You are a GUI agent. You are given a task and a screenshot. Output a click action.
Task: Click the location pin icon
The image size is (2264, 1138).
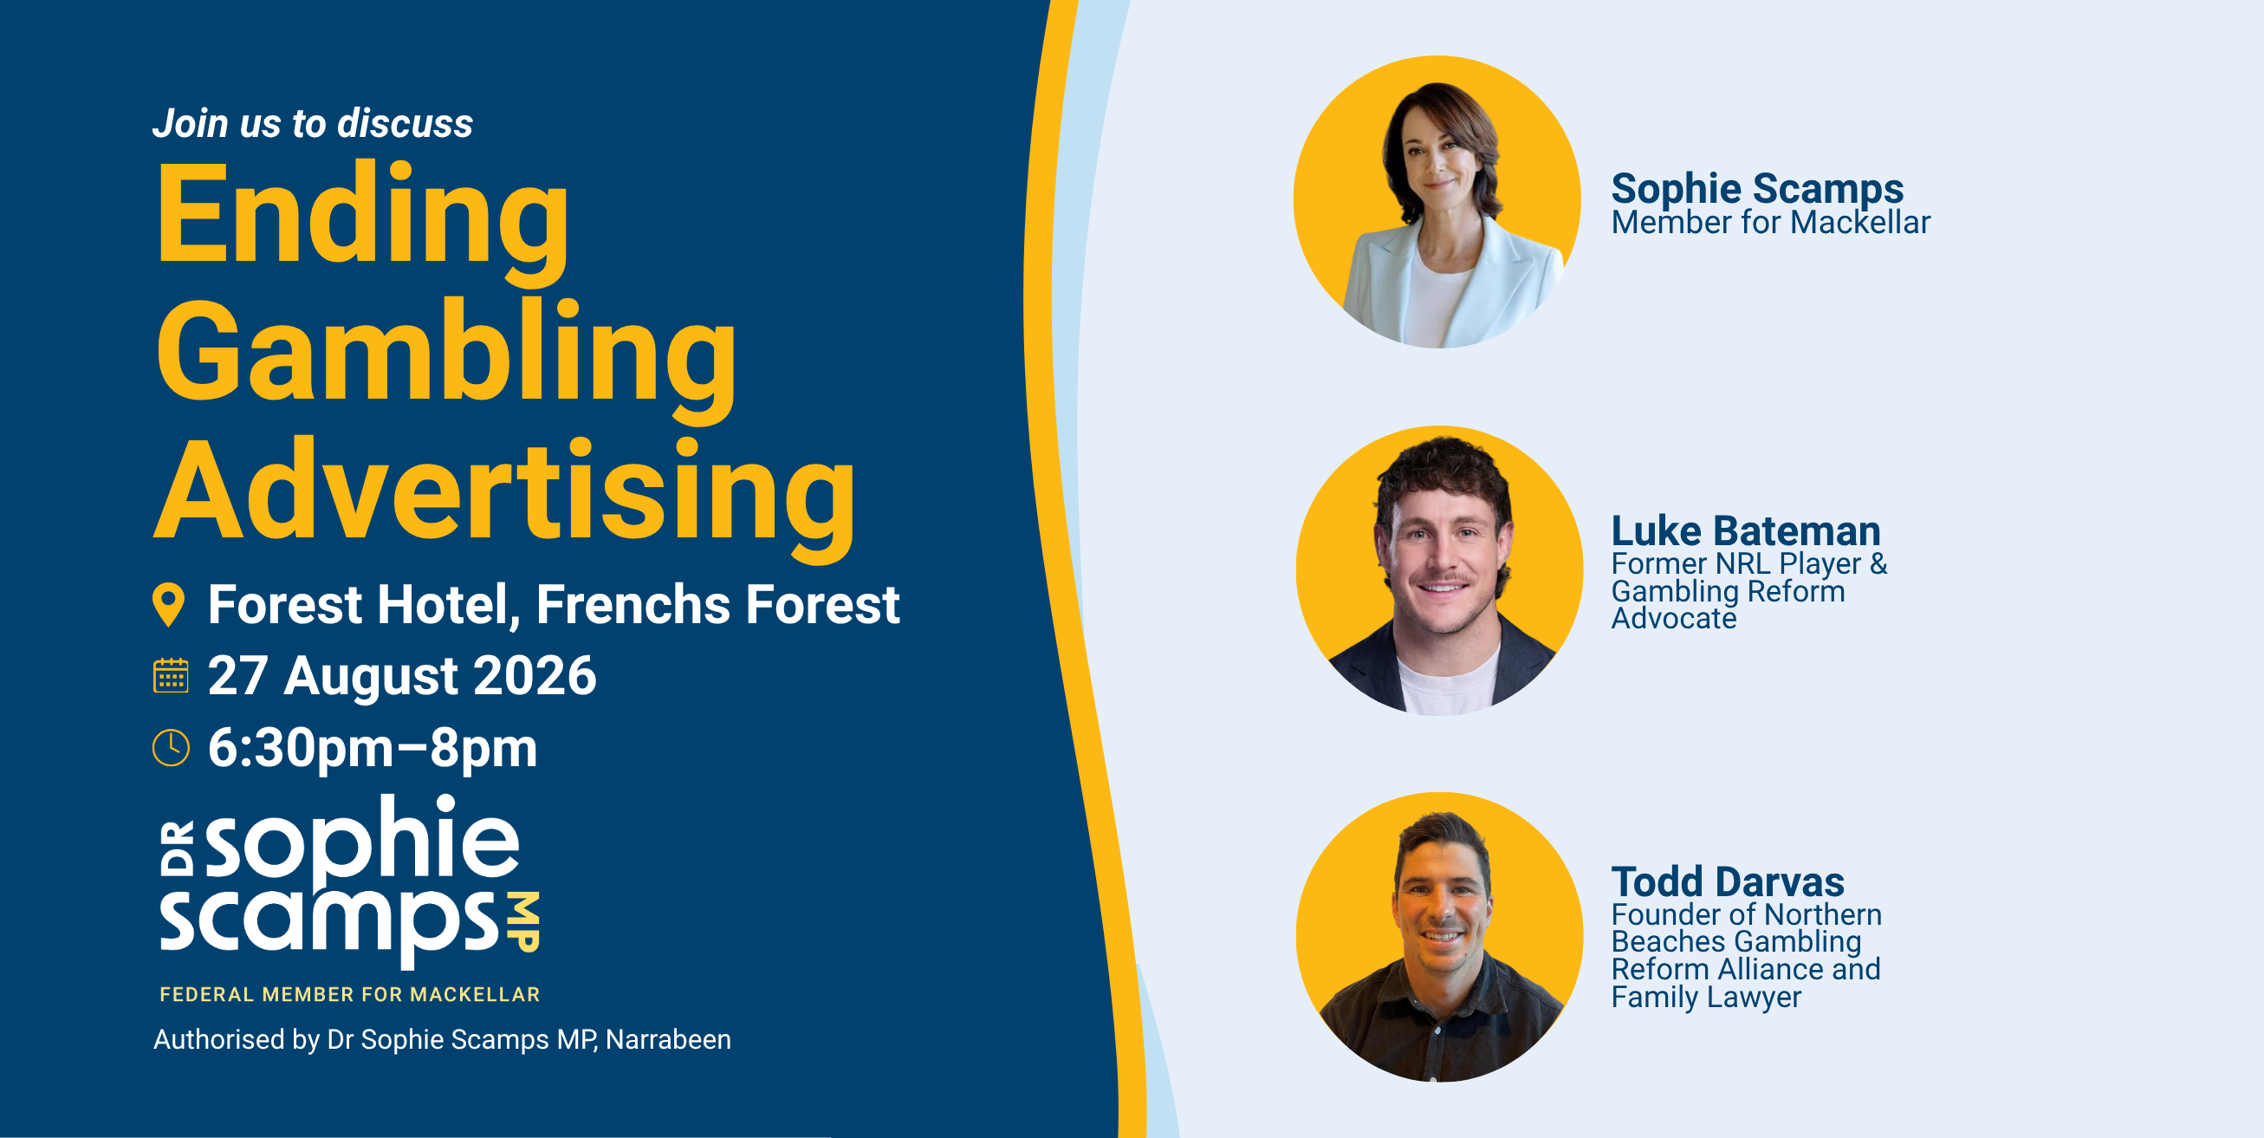(169, 605)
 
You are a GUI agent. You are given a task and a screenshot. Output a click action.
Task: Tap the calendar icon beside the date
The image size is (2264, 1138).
(171, 675)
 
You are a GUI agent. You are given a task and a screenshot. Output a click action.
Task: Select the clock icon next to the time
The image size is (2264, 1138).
(171, 747)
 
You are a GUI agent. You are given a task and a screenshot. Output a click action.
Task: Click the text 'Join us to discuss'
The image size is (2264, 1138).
(313, 123)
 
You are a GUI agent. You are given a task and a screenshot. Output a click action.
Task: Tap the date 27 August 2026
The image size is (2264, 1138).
(402, 675)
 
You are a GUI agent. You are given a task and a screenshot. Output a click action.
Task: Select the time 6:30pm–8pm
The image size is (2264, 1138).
(373, 747)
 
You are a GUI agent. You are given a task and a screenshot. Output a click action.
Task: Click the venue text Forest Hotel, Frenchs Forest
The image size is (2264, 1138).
(554, 604)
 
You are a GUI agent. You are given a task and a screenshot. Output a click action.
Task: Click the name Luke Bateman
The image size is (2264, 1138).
(1746, 530)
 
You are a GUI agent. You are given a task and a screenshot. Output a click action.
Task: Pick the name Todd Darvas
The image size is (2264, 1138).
(1727, 881)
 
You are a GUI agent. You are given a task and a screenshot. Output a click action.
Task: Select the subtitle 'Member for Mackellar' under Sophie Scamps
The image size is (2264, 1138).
(1770, 223)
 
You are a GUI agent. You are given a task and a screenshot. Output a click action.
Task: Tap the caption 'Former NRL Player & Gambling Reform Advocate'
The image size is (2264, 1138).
(1749, 591)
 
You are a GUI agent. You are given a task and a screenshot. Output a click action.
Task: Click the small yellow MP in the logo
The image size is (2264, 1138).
(526, 922)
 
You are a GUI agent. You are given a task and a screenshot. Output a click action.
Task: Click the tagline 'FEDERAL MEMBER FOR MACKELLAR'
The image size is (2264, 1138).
(350, 995)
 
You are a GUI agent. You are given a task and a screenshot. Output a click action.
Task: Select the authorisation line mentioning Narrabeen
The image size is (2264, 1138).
(442, 1039)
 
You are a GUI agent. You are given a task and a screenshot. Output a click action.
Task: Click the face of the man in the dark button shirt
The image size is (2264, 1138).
(1442, 910)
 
